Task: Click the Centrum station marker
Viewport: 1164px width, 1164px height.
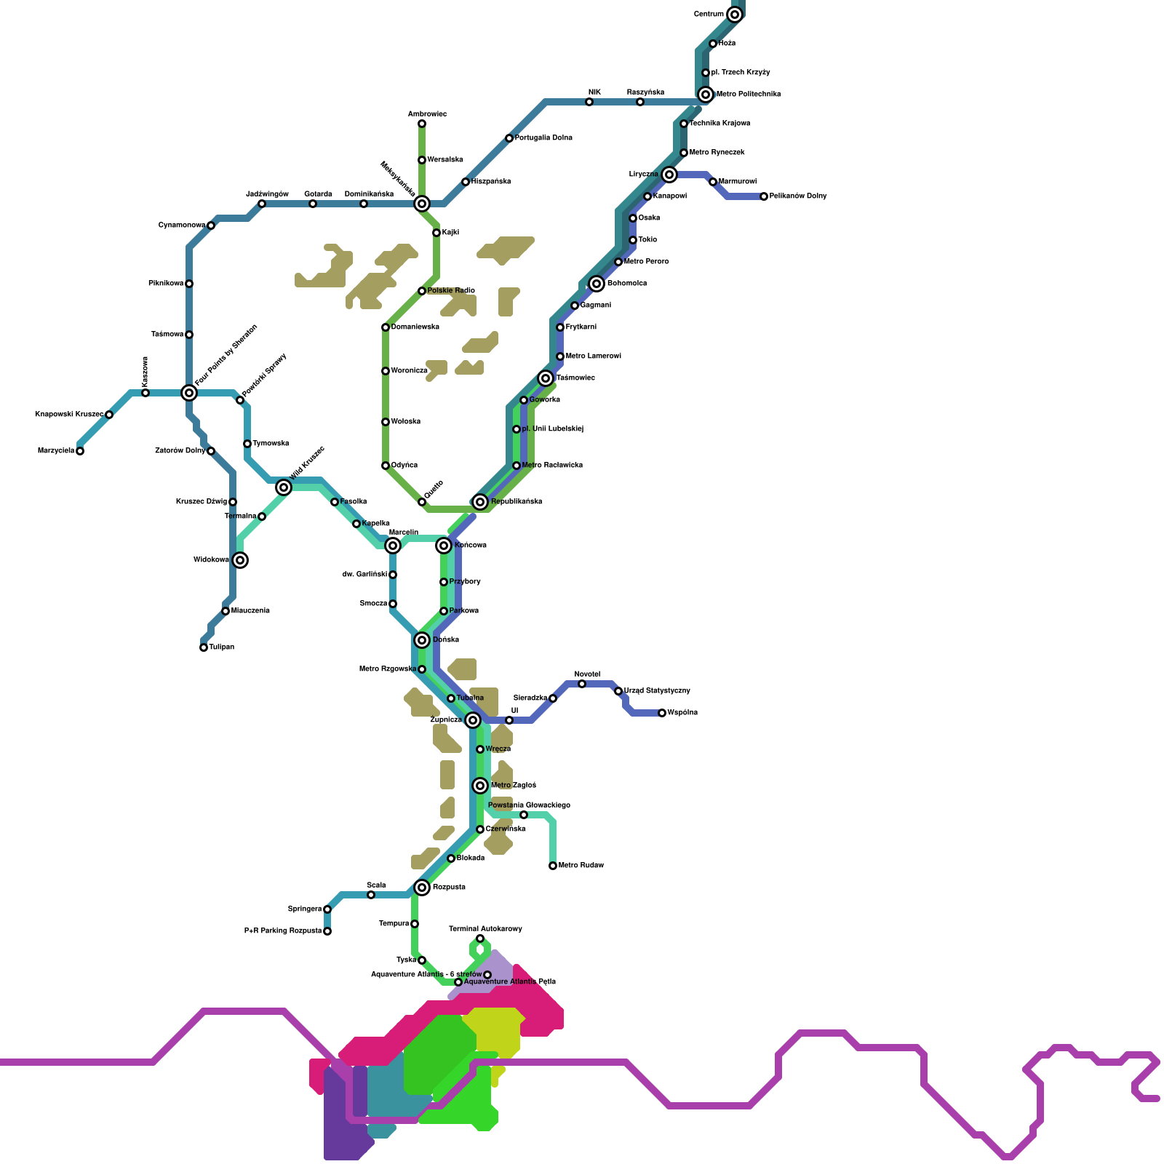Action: click(x=735, y=15)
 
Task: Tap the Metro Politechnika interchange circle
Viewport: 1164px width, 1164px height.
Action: click(x=706, y=95)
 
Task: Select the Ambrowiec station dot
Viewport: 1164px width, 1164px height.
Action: click(x=422, y=124)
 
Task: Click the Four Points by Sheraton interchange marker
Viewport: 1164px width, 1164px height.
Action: click(x=189, y=393)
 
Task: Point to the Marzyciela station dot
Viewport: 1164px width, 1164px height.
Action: click(x=80, y=451)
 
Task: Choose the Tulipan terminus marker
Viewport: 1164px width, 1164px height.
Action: click(x=204, y=647)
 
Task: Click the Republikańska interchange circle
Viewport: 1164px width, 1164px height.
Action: click(x=480, y=502)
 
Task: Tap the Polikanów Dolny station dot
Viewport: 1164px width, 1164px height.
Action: click(x=764, y=196)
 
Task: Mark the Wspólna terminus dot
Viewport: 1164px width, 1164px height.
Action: click(x=662, y=713)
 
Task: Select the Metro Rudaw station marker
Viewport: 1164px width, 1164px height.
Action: click(x=553, y=866)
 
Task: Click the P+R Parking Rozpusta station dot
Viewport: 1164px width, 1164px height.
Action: click(x=327, y=931)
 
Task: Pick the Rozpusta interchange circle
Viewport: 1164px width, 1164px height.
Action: click(x=422, y=888)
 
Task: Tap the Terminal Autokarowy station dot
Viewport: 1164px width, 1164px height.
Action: click(x=480, y=938)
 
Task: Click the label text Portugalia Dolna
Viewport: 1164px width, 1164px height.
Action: click(x=543, y=138)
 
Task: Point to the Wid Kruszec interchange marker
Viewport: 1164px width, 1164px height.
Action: click(x=284, y=487)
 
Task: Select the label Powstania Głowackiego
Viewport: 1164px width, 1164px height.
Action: click(x=529, y=805)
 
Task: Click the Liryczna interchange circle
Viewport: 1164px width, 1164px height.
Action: click(x=669, y=175)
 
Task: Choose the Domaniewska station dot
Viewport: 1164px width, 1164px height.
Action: click(x=386, y=327)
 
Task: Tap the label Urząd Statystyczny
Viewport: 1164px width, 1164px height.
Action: click(x=657, y=691)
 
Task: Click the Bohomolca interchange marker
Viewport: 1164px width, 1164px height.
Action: click(x=597, y=284)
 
